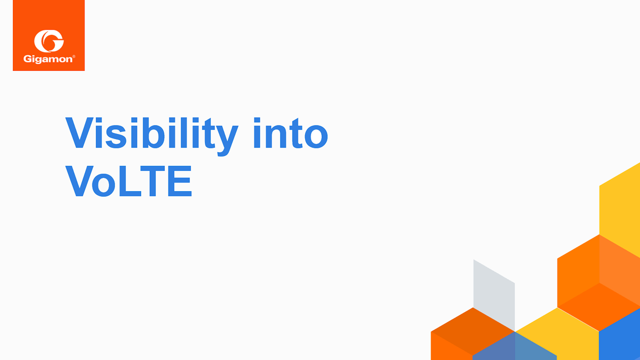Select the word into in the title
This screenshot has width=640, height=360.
point(291,134)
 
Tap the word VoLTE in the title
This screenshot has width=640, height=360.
point(128,181)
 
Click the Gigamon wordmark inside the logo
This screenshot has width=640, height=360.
point(48,59)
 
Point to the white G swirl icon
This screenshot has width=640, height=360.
point(49,41)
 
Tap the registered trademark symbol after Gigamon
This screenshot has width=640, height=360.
point(74,56)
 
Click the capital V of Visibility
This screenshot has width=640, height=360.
point(79,133)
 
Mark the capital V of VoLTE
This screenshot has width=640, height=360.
point(79,181)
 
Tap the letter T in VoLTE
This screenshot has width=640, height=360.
point(153,181)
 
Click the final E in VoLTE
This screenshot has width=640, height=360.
point(180,181)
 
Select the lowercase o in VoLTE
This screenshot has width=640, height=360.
point(103,184)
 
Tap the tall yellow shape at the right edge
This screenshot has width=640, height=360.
point(620,205)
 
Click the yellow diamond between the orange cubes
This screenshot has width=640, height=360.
point(557,333)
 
